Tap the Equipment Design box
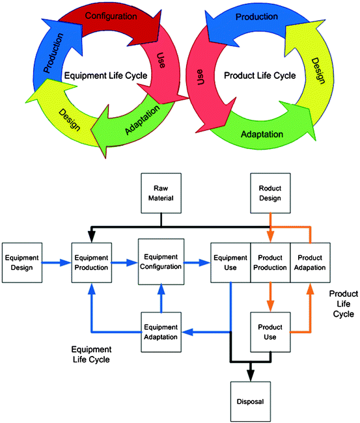pyautogui.click(x=22, y=262)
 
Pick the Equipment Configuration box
pyautogui.click(x=159, y=262)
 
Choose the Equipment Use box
pyautogui.click(x=230, y=262)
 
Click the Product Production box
pyautogui.click(x=270, y=262)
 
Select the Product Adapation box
pyautogui.click(x=309, y=262)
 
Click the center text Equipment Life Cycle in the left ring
pyautogui.click(x=106, y=75)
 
